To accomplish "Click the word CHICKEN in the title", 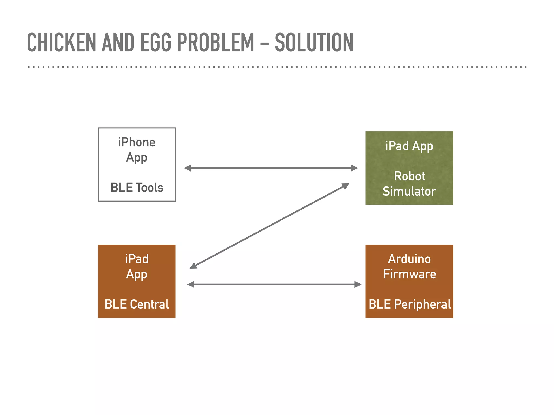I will tap(62, 42).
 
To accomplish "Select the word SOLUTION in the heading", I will tap(314, 42).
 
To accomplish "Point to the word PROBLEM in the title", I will tap(216, 42).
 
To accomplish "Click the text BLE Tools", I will tap(137, 188).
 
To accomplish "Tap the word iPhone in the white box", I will tap(137, 142).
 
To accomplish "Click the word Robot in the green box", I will tap(409, 176).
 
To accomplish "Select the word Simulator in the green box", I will tap(409, 191).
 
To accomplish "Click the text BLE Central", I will tap(137, 304).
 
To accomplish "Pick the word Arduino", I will tap(409, 259).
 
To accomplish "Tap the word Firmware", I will tap(410, 274).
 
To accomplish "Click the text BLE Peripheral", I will tap(410, 304).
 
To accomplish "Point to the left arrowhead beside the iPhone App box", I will tap(187, 168).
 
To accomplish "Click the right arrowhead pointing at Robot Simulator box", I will tap(354, 168).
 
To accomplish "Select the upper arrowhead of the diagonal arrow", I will tap(345, 186).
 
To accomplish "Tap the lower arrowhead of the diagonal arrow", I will tap(193, 266).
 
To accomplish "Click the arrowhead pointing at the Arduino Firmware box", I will tap(358, 284).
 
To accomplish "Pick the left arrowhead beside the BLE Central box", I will tap(191, 284).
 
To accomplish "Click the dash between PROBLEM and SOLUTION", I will tap(265, 43).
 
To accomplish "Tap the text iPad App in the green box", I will tap(409, 146).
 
